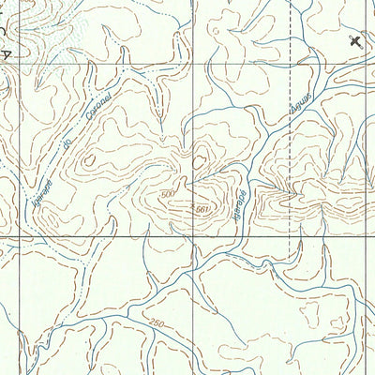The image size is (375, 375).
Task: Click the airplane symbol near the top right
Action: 355,40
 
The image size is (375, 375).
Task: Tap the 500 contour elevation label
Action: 167,192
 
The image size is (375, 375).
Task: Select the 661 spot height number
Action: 199,207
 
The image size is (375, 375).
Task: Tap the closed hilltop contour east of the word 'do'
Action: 90,160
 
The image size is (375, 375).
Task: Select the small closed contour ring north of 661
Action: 199,161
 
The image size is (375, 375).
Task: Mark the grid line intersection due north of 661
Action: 194,67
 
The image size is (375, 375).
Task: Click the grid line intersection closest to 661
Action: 193,239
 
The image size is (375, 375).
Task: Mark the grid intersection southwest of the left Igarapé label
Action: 19,238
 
